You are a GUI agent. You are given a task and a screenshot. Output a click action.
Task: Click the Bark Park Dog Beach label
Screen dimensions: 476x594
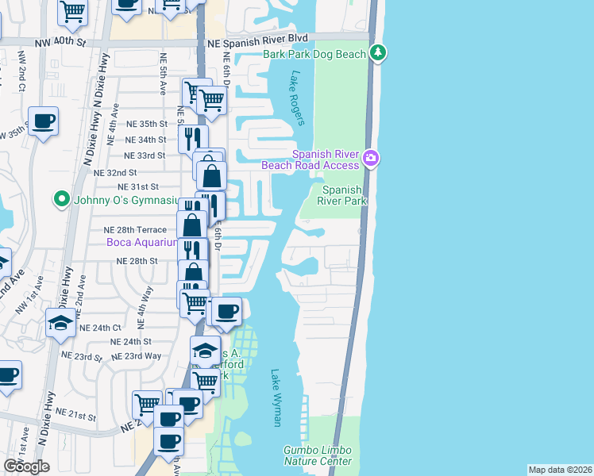314,54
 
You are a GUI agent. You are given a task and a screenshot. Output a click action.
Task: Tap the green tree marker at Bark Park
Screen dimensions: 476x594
379,53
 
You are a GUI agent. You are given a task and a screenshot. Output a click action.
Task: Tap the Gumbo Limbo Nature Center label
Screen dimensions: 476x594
318,455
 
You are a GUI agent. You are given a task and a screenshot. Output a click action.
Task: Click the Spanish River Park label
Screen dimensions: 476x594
342,195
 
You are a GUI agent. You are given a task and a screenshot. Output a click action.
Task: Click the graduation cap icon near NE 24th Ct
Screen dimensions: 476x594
60,323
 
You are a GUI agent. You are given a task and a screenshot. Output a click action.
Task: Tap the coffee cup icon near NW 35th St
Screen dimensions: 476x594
44,121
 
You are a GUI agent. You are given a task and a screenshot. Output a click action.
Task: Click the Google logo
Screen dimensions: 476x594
27,466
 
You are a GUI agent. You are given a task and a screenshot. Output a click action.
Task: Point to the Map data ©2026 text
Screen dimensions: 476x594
560,470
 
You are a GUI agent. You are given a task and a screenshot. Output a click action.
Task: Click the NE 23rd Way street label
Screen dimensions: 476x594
137,356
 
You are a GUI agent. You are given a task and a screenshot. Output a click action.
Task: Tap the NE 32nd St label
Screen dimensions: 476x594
115,172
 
